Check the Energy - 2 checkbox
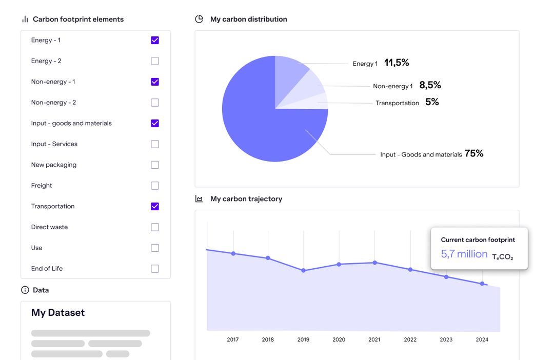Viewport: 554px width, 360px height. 155,61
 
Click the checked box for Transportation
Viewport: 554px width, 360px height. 155,206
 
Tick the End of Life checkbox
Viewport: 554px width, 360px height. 155,269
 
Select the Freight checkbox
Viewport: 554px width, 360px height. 155,186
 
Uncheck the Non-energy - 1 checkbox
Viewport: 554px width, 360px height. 155,82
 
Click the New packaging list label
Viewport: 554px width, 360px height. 54,165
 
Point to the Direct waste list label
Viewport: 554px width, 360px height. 49,227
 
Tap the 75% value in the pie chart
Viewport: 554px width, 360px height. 474,153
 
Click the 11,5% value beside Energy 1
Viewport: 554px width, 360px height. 397,63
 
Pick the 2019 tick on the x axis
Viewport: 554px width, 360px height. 303,339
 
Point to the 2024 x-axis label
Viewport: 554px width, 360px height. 482,339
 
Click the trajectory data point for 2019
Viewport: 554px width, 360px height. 304,270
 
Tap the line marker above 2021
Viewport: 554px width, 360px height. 375,263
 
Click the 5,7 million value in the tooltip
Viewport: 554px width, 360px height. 464,254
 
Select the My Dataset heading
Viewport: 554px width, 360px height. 58,313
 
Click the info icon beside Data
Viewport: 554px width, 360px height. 25,290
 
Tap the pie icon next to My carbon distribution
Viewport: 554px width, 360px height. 199,19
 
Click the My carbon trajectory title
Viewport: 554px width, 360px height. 246,199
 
